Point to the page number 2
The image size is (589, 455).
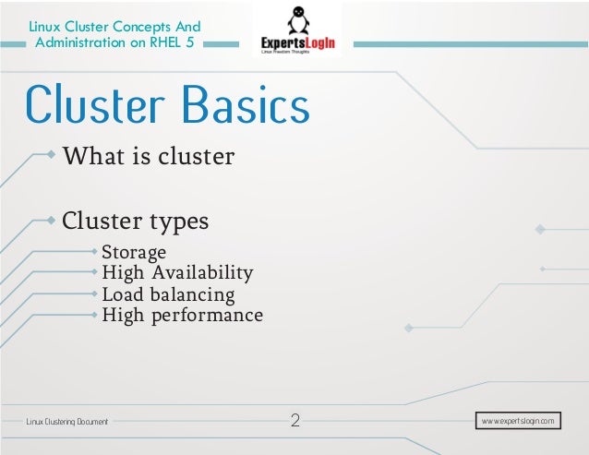(x=295, y=422)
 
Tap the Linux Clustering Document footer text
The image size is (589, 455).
(x=66, y=422)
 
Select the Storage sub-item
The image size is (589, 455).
(x=134, y=252)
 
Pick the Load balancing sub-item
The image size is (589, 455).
(x=168, y=295)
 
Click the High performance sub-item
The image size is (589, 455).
(x=182, y=316)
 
